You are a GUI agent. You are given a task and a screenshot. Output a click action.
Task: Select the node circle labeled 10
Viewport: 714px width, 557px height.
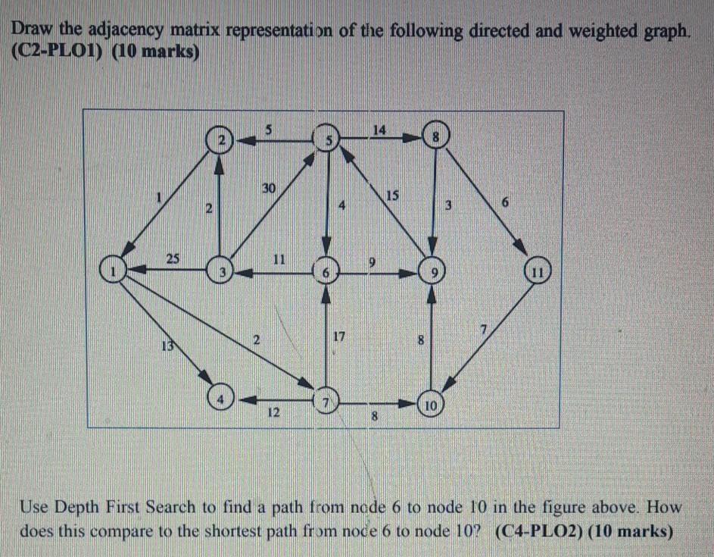(x=429, y=404)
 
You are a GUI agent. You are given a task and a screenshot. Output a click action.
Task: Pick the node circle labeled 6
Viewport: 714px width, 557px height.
(x=326, y=271)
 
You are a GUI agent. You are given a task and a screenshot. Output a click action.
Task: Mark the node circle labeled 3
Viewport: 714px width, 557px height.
(x=220, y=271)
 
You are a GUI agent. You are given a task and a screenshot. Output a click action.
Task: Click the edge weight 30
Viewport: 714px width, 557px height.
(x=269, y=186)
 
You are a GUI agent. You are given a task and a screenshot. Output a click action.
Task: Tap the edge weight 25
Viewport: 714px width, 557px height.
(x=173, y=258)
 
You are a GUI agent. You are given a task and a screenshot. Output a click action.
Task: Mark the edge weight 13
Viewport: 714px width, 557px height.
(x=166, y=346)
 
